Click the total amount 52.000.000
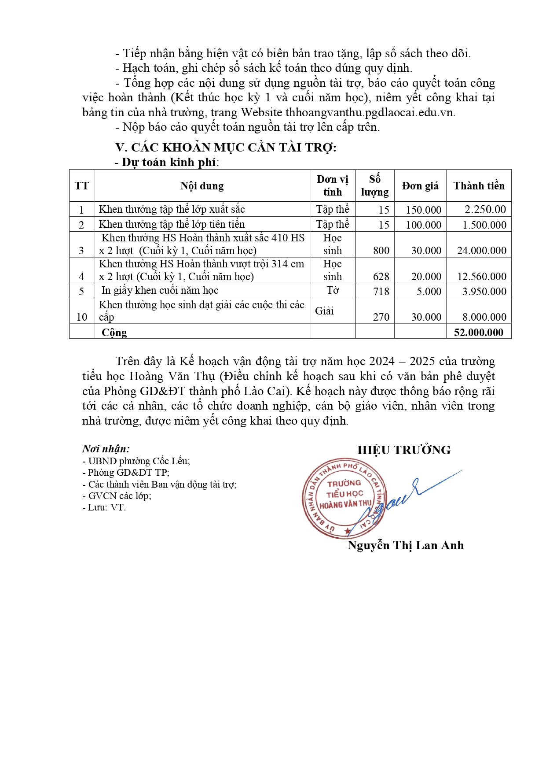[x=478, y=333]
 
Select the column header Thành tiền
[x=479, y=186]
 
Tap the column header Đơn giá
[x=420, y=186]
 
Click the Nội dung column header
[x=202, y=186]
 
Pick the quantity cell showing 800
[x=381, y=251]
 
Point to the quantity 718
[x=381, y=292]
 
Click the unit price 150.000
[x=423, y=210]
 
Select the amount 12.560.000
[x=482, y=277]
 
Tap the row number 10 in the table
[x=82, y=317]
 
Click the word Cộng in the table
[x=114, y=333]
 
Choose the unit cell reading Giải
[x=324, y=311]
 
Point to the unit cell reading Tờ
[x=333, y=291]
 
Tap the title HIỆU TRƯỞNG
[x=403, y=450]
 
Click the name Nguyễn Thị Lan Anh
[x=405, y=546]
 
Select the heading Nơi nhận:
[x=106, y=449]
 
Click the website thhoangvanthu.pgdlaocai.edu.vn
[x=370, y=112]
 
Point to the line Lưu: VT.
[x=104, y=507]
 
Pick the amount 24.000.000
[x=482, y=251]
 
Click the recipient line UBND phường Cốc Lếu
[x=136, y=461]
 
